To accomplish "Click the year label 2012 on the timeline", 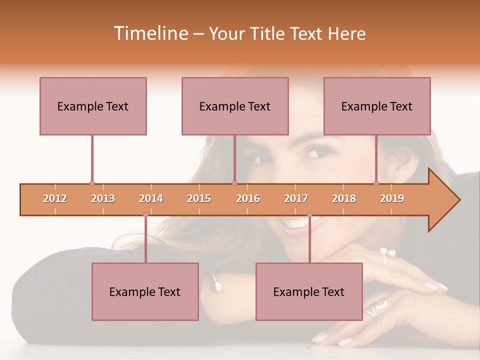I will pos(55,198).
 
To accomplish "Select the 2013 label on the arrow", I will pos(103,198).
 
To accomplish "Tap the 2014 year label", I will pos(151,198).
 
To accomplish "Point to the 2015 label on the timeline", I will pos(199,198).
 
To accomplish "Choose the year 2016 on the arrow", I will pos(248,198).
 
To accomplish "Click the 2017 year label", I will pos(296,198).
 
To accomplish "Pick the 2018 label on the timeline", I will pos(344,198).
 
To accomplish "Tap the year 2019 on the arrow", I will pos(392,198).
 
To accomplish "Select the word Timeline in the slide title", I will pos(150,33).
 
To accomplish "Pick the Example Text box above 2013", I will pos(93,106).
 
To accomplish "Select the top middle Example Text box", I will pos(235,106).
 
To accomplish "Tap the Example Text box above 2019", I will pos(377,106).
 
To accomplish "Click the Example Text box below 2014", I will pos(145,291).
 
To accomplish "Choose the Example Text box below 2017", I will pos(309,291).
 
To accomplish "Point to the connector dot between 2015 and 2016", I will pos(235,183).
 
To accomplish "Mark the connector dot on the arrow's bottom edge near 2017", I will pos(309,215).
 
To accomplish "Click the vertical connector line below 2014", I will pos(145,240).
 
